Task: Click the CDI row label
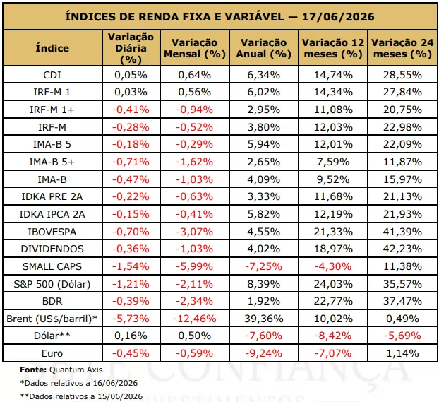pyautogui.click(x=52, y=75)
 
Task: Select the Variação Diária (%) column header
pyautogui.click(x=131, y=48)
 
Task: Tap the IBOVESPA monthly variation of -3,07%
pyautogui.click(x=195, y=232)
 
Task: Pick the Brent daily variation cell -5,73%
pyautogui.click(x=131, y=319)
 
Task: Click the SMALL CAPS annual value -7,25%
pyautogui.click(x=264, y=266)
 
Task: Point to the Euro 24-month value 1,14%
pyautogui.click(x=402, y=353)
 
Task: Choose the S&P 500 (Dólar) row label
pyautogui.click(x=52, y=284)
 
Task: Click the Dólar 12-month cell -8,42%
pyautogui.click(x=333, y=336)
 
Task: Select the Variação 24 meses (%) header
pyautogui.click(x=402, y=48)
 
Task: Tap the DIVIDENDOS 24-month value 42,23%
pyautogui.click(x=402, y=249)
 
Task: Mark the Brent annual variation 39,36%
pyautogui.click(x=264, y=319)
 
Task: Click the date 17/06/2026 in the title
pyautogui.click(x=338, y=17)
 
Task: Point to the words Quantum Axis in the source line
pyautogui.click(x=77, y=370)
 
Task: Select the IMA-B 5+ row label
pyautogui.click(x=52, y=162)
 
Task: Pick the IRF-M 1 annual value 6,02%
pyautogui.click(x=264, y=92)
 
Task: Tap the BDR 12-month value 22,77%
pyautogui.click(x=333, y=301)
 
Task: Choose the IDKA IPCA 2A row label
pyautogui.click(x=52, y=214)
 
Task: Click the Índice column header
pyautogui.click(x=52, y=48)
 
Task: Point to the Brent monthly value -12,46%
pyautogui.click(x=195, y=319)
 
